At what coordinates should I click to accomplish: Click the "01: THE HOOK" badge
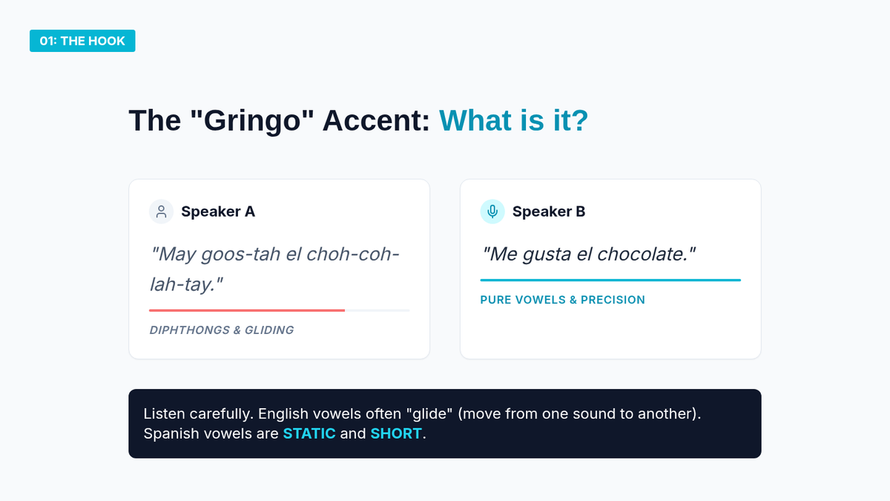[x=82, y=41]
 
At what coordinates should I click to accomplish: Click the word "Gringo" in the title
[x=252, y=121]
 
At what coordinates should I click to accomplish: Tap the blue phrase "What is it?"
[x=513, y=120]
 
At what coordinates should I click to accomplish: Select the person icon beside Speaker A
[x=162, y=212]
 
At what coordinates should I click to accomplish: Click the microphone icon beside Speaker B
[x=492, y=212]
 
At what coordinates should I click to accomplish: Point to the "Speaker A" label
[x=218, y=212]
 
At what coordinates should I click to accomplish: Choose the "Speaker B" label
[x=549, y=212]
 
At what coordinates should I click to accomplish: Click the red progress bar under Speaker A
[x=247, y=310]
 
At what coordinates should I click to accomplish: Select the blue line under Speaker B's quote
[x=610, y=280]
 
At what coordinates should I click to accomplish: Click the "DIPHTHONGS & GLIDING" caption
[x=222, y=330]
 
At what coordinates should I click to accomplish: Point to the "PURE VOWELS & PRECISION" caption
[x=563, y=300]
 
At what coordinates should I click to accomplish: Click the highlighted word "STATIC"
[x=309, y=433]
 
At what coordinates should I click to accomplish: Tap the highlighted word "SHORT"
[x=396, y=433]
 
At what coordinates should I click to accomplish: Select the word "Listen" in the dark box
[x=165, y=414]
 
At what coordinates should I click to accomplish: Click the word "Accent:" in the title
[x=376, y=120]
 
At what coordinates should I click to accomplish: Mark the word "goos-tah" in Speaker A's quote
[x=240, y=255]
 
